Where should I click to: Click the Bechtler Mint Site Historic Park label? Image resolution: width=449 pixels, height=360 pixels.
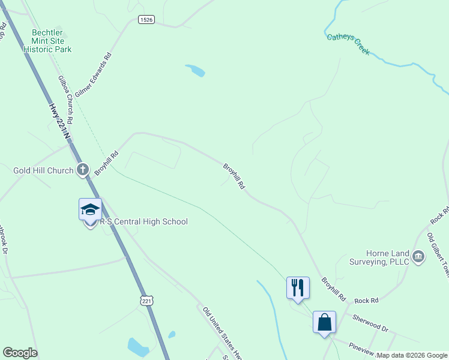click(x=47, y=41)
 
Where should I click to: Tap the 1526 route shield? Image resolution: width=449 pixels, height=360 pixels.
click(x=146, y=20)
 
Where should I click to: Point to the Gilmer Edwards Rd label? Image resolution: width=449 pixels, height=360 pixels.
click(x=94, y=76)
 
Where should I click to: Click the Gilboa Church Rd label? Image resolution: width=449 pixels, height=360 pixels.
click(x=65, y=100)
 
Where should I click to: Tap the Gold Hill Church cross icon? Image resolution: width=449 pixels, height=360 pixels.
click(x=83, y=170)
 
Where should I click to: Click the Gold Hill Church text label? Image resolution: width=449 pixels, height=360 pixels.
click(x=43, y=171)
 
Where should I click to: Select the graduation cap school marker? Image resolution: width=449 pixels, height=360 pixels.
click(x=90, y=210)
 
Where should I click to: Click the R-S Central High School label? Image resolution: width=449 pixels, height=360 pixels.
click(x=143, y=222)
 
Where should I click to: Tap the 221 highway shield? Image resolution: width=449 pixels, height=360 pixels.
click(x=147, y=300)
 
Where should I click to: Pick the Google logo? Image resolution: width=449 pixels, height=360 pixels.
click(x=20, y=353)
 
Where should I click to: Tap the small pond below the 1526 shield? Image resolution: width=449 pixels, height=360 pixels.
click(x=196, y=70)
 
